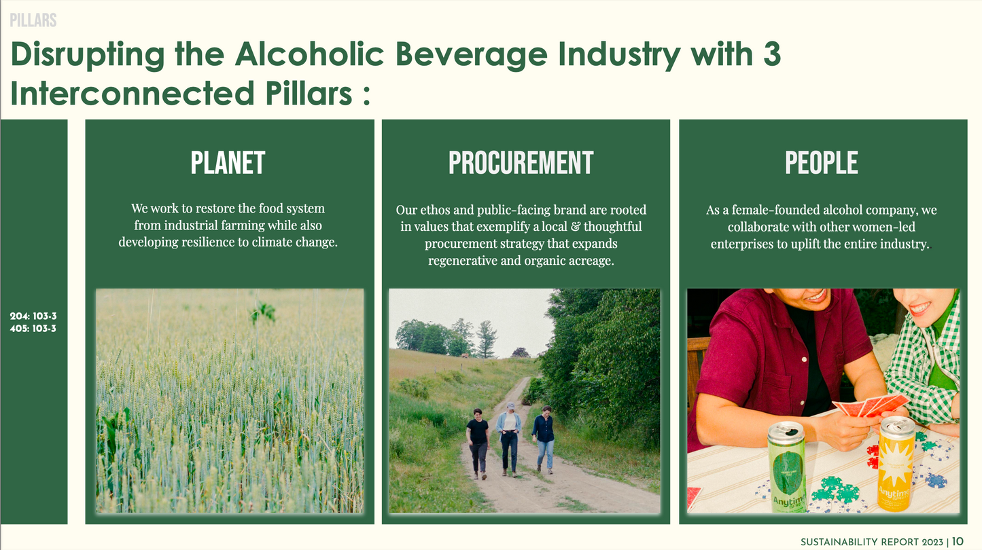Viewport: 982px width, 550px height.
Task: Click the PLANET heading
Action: [x=228, y=163]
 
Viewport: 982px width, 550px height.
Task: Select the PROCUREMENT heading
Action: [x=521, y=163]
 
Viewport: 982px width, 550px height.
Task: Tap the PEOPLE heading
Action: [x=822, y=163]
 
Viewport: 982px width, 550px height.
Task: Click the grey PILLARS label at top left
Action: [x=33, y=20]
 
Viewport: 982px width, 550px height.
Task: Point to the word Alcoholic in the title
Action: [x=309, y=54]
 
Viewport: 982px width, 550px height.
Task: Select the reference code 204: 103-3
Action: [x=33, y=316]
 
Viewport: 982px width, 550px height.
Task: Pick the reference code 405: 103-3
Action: [x=33, y=329]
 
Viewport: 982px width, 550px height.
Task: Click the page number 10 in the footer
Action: [x=958, y=542]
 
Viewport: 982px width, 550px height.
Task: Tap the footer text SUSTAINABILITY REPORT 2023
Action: [x=871, y=542]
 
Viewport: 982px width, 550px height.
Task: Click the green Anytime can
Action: [x=787, y=466]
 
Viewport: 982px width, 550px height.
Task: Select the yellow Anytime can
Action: [x=896, y=463]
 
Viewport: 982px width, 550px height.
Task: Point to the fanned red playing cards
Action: [x=871, y=405]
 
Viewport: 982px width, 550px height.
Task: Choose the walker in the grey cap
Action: [x=509, y=439]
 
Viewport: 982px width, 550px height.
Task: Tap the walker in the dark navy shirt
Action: [x=544, y=439]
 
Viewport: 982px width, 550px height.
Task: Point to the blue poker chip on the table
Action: [x=936, y=481]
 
